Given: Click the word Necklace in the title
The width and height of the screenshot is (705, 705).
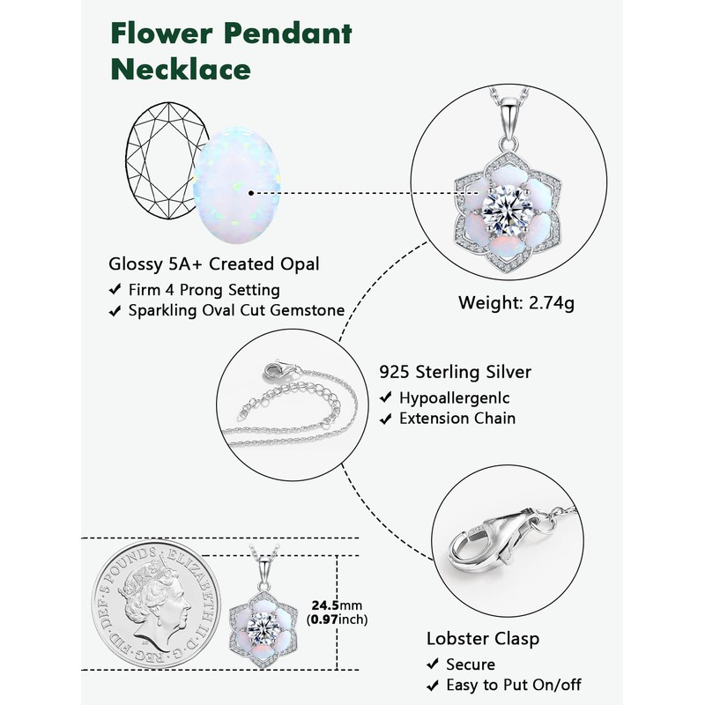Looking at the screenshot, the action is click(180, 68).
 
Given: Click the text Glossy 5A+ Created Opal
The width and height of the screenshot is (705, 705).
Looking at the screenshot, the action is click(213, 263).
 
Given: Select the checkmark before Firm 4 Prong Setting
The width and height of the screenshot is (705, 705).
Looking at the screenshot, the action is click(115, 290).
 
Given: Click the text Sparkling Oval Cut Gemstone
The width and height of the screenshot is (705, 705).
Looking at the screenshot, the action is click(235, 310).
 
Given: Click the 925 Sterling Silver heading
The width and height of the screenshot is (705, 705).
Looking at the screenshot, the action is click(455, 373).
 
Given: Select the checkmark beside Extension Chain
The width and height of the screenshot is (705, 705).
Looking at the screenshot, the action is click(385, 419).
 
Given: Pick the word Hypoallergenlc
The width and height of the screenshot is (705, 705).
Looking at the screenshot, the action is click(454, 398).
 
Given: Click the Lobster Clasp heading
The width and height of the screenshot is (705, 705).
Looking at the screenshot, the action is click(482, 638).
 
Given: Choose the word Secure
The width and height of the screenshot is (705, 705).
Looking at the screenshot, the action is click(471, 664).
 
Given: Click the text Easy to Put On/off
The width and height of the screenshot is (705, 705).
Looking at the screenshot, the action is click(515, 685).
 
